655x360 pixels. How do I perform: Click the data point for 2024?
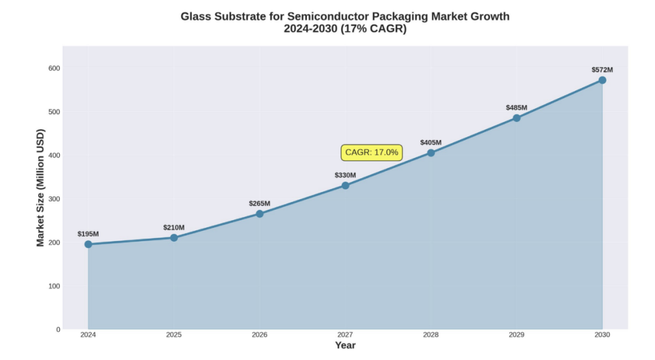(88, 244)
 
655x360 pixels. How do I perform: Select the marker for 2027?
(345, 185)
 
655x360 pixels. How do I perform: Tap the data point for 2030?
(602, 80)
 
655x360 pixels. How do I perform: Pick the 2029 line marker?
(517, 118)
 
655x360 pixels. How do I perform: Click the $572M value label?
(602, 70)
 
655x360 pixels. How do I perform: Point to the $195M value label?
(88, 234)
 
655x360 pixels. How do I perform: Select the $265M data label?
(260, 204)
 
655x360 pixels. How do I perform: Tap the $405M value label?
(431, 142)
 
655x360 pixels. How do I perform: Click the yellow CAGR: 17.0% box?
(372, 153)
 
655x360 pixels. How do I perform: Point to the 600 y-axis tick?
(55, 68)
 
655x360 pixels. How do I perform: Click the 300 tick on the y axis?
(55, 199)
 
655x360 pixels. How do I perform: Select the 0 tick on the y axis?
(58, 330)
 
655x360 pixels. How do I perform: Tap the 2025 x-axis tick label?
(173, 335)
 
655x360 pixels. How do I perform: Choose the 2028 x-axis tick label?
(431, 335)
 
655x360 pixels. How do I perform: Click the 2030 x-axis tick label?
(602, 335)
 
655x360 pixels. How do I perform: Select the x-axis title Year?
(345, 345)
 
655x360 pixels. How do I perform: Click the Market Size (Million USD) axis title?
(41, 188)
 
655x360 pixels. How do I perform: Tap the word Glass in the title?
(195, 16)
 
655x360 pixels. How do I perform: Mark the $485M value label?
(517, 108)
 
